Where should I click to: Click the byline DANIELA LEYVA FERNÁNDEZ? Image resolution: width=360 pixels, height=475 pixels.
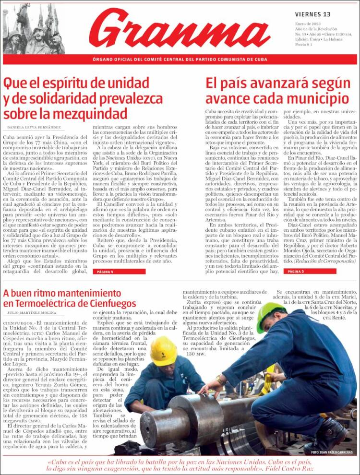[34, 127]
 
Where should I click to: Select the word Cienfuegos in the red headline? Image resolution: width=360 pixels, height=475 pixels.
[109, 303]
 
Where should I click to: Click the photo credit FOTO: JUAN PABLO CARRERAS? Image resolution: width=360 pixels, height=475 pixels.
[331, 452]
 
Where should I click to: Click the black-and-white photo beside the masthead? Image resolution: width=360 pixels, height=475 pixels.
[34, 29]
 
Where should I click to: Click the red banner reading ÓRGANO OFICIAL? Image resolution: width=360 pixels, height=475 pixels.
[180, 59]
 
